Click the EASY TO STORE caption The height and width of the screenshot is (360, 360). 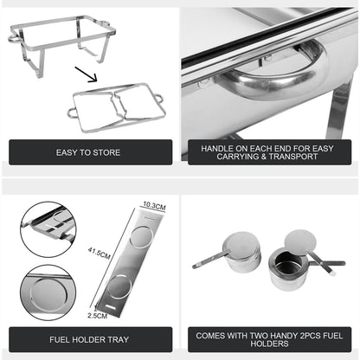pyautogui.click(x=90, y=152)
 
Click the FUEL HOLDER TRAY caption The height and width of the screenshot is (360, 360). pyautogui.click(x=90, y=338)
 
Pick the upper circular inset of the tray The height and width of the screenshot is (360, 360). pyautogui.click(x=48, y=228)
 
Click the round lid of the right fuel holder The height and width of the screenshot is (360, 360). pyautogui.click(x=300, y=241)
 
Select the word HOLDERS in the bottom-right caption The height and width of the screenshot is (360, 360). pyautogui.click(x=267, y=344)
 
